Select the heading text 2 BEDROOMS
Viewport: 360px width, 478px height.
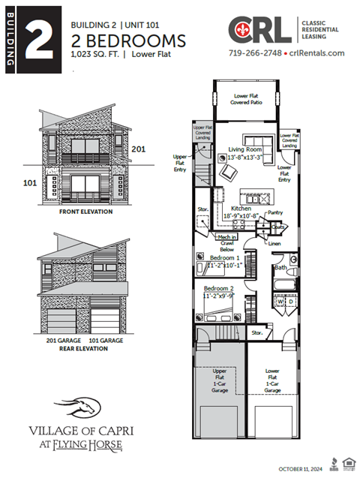coord(127,39)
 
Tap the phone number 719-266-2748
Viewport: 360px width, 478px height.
coord(255,53)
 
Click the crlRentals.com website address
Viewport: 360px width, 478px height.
coord(316,53)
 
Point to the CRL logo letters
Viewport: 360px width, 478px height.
coord(259,31)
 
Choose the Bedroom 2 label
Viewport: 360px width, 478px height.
coord(219,289)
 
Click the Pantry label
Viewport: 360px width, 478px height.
coord(275,213)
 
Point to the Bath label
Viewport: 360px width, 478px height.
coord(280,267)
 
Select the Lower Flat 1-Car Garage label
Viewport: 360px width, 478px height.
coord(273,380)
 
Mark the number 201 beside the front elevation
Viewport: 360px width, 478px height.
coord(138,149)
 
